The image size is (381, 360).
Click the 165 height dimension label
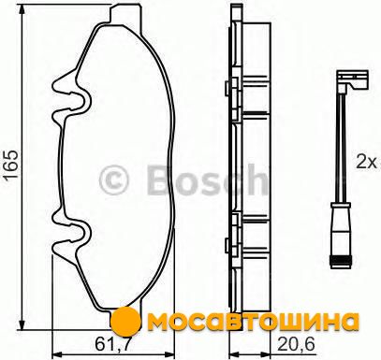tap(11, 165)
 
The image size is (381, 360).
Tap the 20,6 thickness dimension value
tap(296, 344)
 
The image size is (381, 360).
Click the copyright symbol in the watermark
tap(114, 180)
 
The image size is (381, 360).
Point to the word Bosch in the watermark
tap(207, 180)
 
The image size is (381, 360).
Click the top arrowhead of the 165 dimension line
tap(22, 9)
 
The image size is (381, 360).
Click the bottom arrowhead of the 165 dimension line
tap(22, 324)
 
